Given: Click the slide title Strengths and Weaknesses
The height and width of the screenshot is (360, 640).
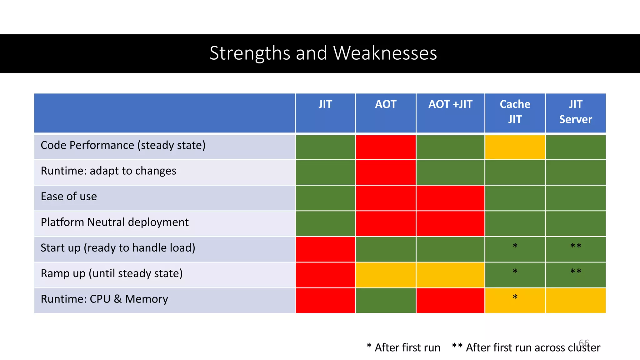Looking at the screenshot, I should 323,53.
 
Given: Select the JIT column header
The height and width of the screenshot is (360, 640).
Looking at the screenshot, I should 325,104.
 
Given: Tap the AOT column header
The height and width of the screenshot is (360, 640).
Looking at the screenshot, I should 386,104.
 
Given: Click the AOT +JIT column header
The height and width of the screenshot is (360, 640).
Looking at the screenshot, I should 450,104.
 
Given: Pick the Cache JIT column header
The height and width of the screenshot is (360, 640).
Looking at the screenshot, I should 515,112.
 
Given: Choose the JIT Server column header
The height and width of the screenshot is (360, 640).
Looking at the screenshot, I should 575,112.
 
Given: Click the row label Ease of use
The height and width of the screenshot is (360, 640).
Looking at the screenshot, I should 69,197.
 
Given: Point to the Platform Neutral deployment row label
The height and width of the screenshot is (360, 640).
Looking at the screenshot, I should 114,222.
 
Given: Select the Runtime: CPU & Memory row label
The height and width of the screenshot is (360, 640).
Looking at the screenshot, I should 104,299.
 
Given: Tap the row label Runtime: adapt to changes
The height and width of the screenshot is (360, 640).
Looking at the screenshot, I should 108,171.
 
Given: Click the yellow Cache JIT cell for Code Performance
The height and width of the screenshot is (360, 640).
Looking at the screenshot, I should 515,147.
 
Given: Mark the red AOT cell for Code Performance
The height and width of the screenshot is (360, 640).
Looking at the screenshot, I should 386,147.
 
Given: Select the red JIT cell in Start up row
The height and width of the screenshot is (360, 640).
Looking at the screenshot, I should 325,249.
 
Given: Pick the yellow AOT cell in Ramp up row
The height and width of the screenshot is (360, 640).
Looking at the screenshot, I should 386,275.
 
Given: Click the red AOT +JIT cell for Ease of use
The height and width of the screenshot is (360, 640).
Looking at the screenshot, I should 450,198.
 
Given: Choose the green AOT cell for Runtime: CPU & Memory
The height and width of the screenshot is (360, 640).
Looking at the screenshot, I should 386,301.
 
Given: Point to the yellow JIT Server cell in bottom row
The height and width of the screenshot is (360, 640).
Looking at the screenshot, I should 575,301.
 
